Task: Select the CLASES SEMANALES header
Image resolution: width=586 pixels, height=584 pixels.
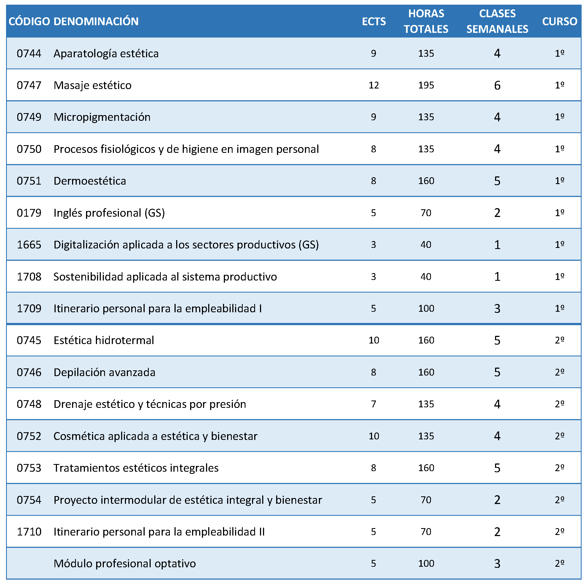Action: click(497, 21)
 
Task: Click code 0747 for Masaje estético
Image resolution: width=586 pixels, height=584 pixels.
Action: click(29, 85)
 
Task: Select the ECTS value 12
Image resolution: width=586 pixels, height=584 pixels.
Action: click(374, 85)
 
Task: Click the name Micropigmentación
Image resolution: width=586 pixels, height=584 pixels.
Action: click(102, 117)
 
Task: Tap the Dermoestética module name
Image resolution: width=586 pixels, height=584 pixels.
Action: click(90, 181)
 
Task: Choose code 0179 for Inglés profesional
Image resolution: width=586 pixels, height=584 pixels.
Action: click(29, 213)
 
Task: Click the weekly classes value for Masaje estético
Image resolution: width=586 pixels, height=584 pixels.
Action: click(497, 85)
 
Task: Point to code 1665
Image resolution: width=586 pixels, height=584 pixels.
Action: click(29, 245)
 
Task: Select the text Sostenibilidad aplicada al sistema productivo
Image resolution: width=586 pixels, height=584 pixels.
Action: click(165, 277)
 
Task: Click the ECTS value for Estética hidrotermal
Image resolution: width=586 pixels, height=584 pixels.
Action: click(374, 340)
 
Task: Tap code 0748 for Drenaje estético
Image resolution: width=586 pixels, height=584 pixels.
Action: click(29, 404)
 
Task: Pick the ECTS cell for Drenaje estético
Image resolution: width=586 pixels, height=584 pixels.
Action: click(373, 404)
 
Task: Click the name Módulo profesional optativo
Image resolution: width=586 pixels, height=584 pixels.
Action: click(125, 564)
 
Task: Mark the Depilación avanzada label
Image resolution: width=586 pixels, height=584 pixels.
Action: click(104, 372)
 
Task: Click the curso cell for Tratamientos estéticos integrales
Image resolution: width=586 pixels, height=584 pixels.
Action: click(560, 468)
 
